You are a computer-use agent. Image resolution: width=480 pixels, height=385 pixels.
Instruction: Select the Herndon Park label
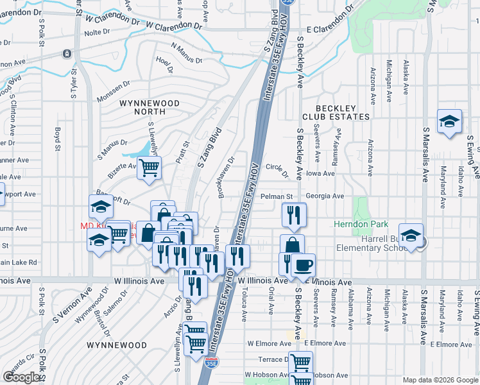(352, 224)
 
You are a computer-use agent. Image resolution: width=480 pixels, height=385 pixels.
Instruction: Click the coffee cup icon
(303, 264)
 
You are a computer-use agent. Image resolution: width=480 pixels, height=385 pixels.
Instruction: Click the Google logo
(21, 377)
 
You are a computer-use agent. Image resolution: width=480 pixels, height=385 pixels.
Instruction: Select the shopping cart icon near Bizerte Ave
(149, 169)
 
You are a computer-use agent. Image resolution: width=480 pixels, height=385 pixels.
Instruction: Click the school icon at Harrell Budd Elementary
(411, 235)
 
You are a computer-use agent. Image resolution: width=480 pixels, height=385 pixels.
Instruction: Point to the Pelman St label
(278, 196)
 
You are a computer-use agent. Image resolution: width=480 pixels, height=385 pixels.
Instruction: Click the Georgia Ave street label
(325, 196)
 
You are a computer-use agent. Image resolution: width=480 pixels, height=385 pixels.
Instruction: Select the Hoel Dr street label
(165, 65)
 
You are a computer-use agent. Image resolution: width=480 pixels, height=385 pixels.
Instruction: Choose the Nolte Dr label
(98, 32)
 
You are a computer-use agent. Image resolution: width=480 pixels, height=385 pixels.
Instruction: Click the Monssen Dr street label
(113, 83)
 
